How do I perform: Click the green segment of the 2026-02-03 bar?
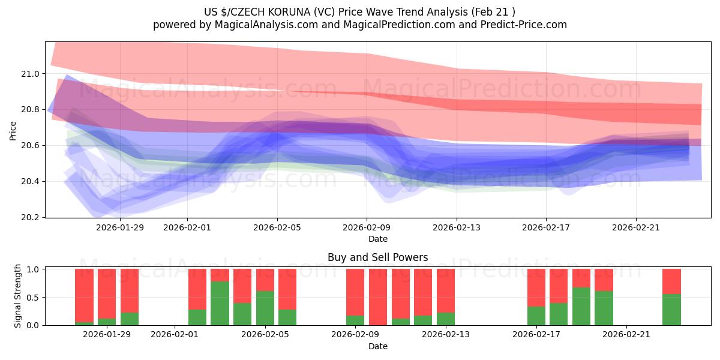[220, 303]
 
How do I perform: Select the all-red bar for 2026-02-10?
[378, 297]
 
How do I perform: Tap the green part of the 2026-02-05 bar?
[265, 308]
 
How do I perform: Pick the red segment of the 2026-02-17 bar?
[536, 287]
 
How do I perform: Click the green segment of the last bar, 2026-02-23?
[671, 310]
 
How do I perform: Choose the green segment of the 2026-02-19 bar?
[581, 306]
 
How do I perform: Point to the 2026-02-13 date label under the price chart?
[457, 227]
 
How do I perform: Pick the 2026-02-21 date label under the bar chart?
[626, 335]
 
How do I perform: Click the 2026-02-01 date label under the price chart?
[187, 227]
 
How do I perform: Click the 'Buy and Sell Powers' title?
[377, 257]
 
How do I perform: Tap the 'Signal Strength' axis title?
[18, 296]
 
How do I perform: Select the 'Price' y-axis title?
[13, 130]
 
